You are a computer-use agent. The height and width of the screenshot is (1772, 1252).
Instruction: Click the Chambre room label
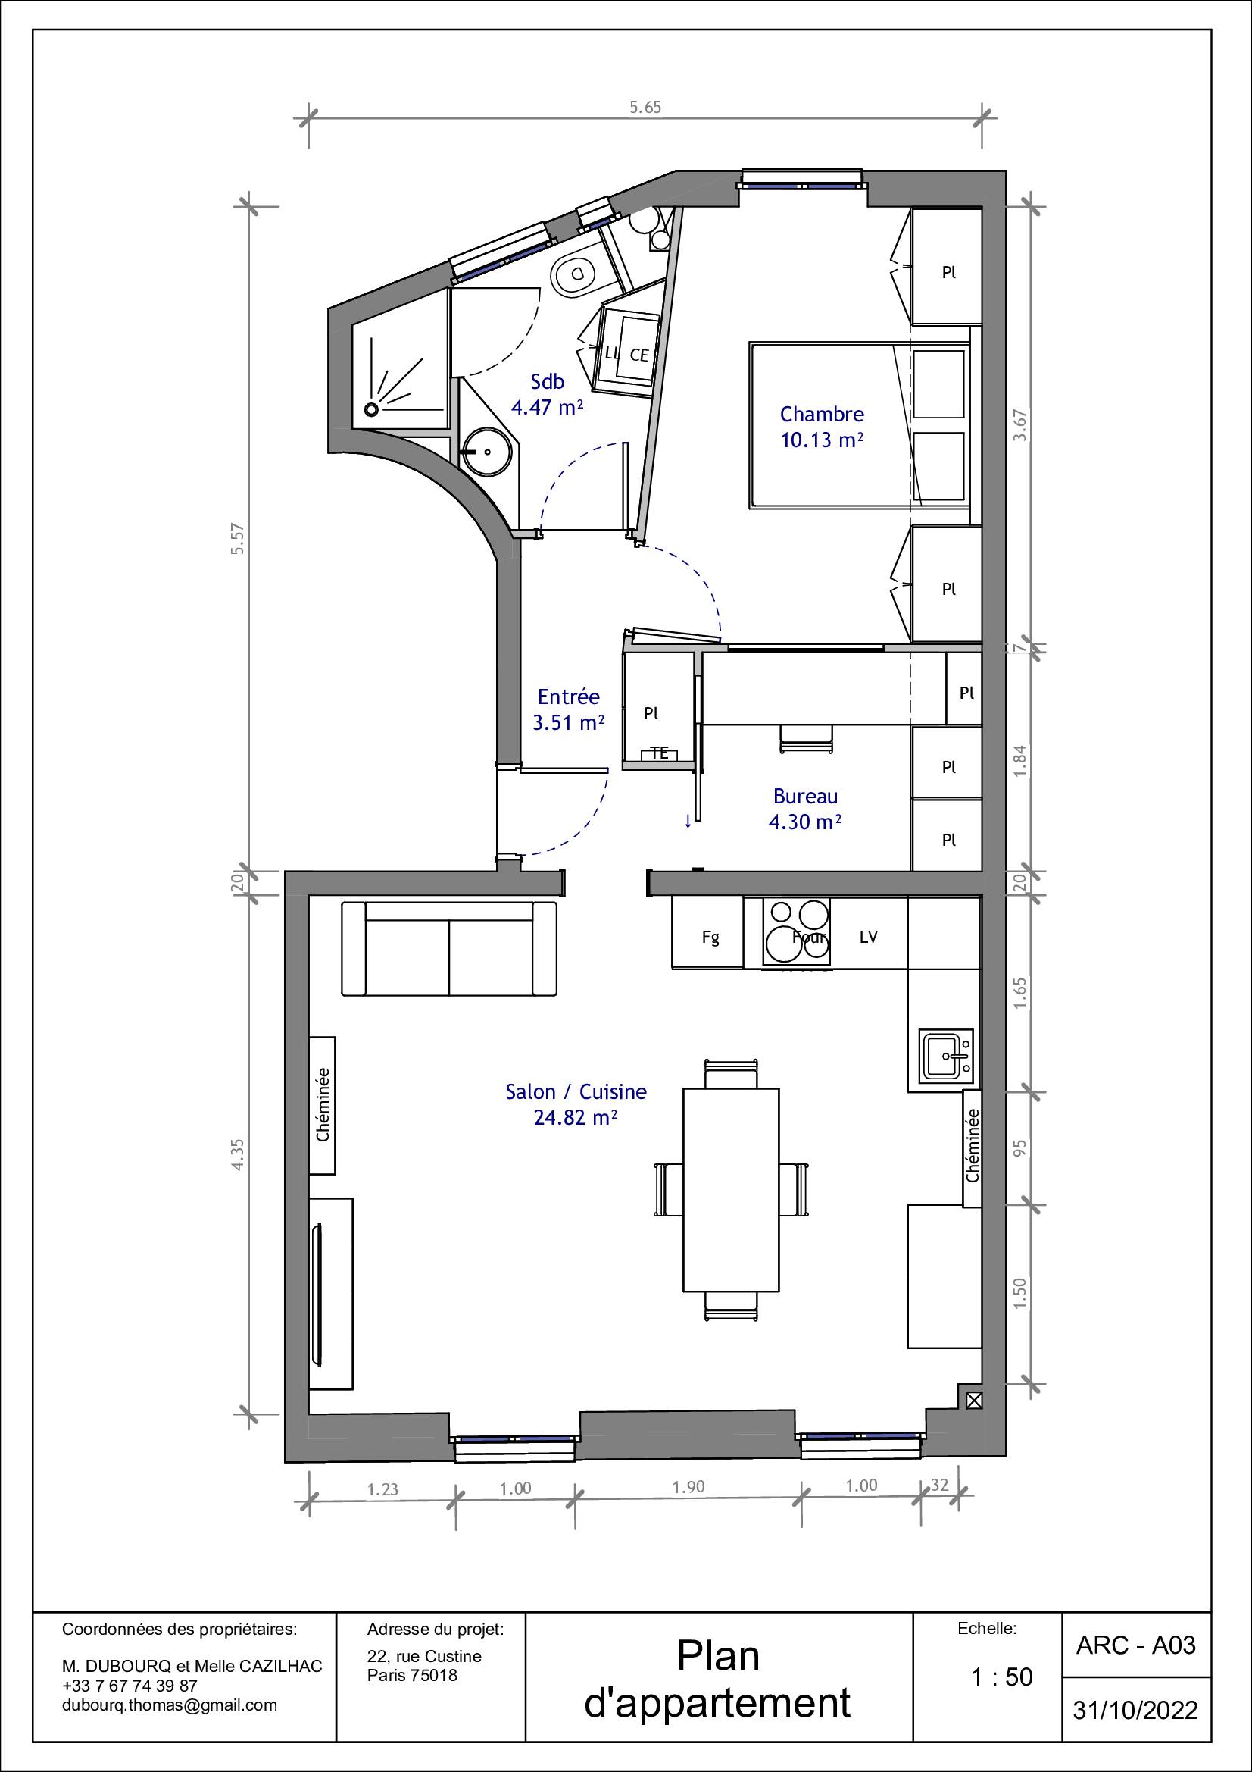pyautogui.click(x=822, y=414)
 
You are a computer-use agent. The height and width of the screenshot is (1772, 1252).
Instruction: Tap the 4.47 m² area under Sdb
pyautogui.click(x=547, y=407)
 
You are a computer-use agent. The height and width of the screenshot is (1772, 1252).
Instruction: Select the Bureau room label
pyautogui.click(x=805, y=796)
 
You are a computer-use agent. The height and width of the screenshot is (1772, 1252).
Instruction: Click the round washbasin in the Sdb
pyautogui.click(x=486, y=452)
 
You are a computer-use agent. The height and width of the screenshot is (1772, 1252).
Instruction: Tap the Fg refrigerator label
pyautogui.click(x=710, y=938)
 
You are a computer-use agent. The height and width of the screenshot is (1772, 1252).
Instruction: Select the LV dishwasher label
pyautogui.click(x=869, y=937)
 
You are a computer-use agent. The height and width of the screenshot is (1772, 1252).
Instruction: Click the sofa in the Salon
pyautogui.click(x=448, y=948)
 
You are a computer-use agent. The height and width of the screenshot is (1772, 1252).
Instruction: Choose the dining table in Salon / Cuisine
pyautogui.click(x=731, y=1190)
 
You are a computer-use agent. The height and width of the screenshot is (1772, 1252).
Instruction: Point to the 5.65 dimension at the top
pyautogui.click(x=645, y=108)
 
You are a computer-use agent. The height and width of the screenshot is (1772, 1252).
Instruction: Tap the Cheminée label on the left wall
pyautogui.click(x=323, y=1104)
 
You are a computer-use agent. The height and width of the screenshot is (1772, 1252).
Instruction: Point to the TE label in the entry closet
pyautogui.click(x=660, y=753)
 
